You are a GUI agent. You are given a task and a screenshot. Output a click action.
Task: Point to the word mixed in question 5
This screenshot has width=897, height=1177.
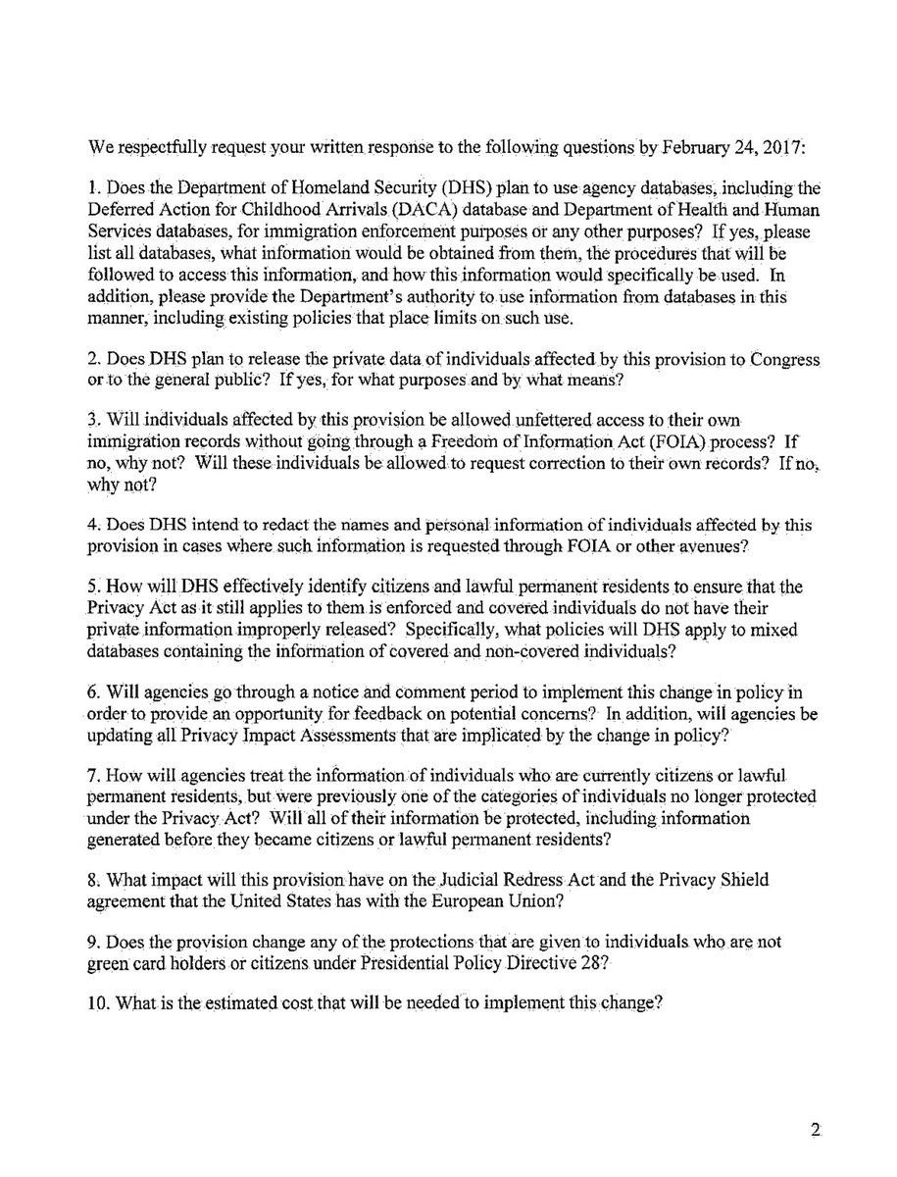[766, 629]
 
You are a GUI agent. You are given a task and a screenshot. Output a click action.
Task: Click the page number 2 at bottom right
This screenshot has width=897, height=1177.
[815, 1131]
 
